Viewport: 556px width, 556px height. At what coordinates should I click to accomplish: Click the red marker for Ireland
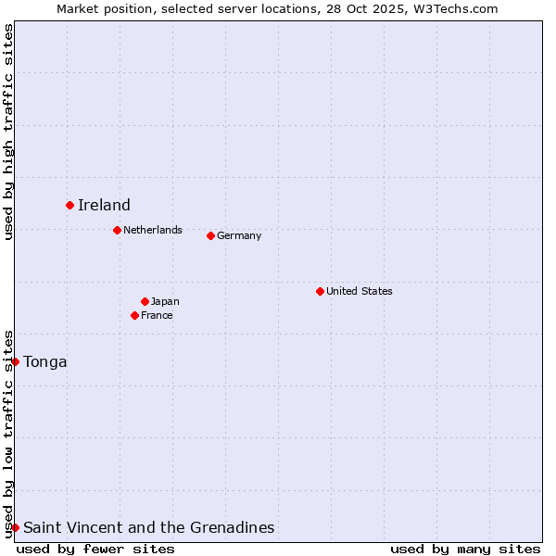click(69, 205)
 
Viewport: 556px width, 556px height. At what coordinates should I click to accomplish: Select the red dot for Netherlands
click(117, 230)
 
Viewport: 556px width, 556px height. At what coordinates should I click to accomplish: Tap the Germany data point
click(210, 235)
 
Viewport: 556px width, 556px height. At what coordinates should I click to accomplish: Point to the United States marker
click(320, 291)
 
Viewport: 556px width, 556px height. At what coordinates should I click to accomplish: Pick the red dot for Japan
click(145, 301)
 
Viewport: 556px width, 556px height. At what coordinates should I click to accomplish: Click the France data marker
click(134, 315)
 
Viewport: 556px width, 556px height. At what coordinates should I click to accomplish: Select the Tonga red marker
click(16, 361)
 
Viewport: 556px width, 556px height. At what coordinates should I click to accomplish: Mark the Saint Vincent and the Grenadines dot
click(16, 527)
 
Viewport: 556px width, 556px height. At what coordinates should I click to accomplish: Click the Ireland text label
click(104, 205)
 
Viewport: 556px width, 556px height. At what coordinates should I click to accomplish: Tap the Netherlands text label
click(153, 230)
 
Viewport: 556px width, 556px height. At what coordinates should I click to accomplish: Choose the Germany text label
click(239, 235)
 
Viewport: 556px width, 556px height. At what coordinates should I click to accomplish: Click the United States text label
click(360, 291)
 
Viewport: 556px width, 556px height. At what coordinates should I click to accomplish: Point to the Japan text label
click(165, 301)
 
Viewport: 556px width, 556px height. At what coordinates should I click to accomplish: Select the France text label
click(157, 315)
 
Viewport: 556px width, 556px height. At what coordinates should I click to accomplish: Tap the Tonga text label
click(45, 361)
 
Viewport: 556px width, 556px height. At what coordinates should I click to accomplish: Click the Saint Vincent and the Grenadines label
click(148, 527)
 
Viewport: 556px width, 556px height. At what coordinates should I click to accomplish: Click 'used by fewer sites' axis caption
click(95, 549)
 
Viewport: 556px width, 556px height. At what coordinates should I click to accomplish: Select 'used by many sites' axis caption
click(465, 549)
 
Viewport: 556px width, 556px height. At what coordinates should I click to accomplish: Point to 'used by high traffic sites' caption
click(8, 132)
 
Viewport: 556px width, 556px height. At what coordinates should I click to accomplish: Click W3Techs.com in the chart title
click(455, 8)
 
